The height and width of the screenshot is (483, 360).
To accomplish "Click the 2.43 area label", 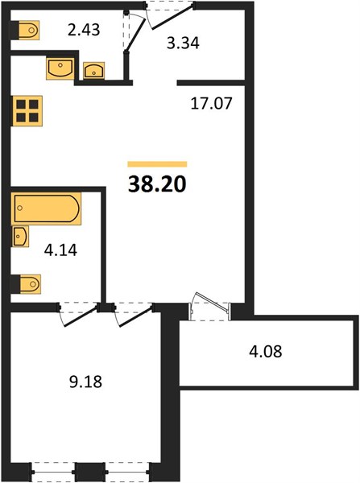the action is click(x=84, y=31).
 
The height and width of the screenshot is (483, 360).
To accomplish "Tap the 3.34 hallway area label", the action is click(x=183, y=43).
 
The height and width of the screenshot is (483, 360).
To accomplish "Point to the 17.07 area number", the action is click(x=211, y=103).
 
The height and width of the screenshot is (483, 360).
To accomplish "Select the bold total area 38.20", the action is click(x=157, y=184).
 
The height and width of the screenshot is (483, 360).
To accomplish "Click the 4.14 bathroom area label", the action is click(x=60, y=250).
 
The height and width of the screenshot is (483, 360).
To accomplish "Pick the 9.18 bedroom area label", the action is click(x=85, y=382).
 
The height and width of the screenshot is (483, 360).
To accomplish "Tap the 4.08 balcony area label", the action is click(x=266, y=352).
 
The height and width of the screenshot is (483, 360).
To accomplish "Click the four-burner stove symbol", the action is click(x=27, y=111).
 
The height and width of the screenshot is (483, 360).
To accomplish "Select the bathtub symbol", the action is click(x=47, y=208).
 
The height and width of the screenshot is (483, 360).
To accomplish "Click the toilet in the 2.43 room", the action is click(x=26, y=31).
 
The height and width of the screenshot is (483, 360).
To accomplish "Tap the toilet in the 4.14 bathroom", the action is click(x=27, y=284).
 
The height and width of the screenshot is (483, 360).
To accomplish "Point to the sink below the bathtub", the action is click(x=20, y=236).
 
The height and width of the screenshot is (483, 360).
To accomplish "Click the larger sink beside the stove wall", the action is click(x=60, y=68).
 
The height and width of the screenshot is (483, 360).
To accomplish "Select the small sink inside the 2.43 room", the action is click(x=94, y=71).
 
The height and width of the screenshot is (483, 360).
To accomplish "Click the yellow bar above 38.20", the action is click(x=157, y=164).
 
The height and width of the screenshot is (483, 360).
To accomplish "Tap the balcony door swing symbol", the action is click(x=210, y=307).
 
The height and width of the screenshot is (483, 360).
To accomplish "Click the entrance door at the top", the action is click(x=170, y=15).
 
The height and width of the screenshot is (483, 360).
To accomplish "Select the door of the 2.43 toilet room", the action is click(x=134, y=31).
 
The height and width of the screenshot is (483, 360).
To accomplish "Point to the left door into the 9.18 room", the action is click(x=79, y=315).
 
